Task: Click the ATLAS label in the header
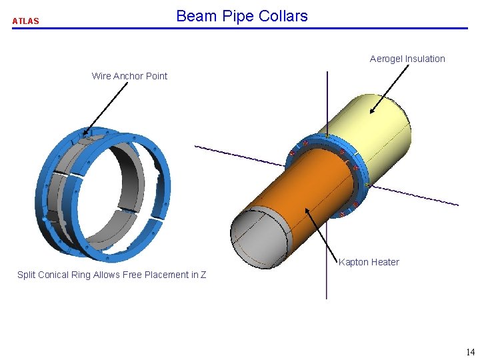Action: [25, 21]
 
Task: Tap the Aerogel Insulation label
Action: [407, 59]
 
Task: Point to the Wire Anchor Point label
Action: [129, 76]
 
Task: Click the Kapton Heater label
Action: [369, 262]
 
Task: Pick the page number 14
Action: [470, 352]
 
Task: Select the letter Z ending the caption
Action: [203, 275]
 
